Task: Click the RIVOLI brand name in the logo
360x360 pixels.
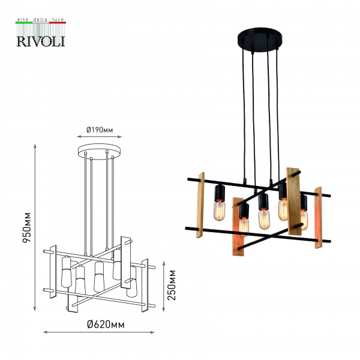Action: (x=41, y=41)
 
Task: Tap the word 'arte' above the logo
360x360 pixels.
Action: (x=23, y=20)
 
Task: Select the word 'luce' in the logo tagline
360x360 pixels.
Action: (x=58, y=20)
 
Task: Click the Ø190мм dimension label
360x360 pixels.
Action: (x=100, y=130)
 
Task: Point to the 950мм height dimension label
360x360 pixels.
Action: (x=26, y=228)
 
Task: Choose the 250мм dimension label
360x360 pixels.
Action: (x=171, y=285)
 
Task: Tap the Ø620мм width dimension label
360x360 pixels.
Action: (x=106, y=325)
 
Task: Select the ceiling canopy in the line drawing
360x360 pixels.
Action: (x=100, y=152)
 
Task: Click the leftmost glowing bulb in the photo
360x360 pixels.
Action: (x=220, y=211)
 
